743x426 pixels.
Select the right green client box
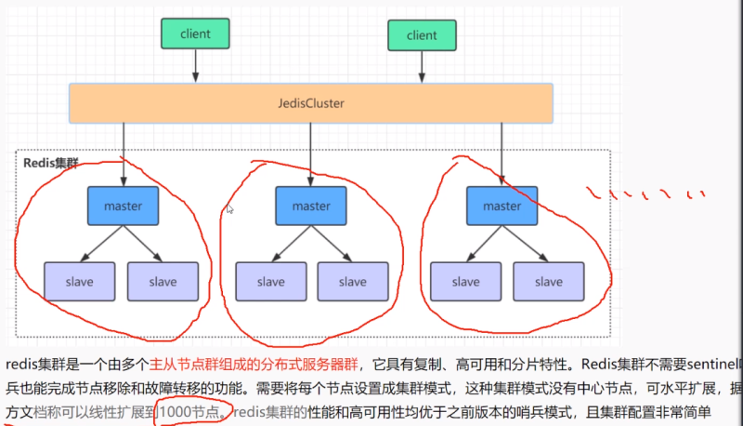(x=422, y=34)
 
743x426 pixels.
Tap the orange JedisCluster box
(x=311, y=103)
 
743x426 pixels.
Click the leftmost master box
(x=123, y=206)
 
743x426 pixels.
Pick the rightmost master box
(x=502, y=206)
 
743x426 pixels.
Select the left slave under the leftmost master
(x=80, y=281)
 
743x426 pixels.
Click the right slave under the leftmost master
(x=163, y=281)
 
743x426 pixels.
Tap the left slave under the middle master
(x=270, y=281)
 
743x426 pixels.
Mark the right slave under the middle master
(x=353, y=281)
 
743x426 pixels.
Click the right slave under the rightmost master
(x=548, y=281)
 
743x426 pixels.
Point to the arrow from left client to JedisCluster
(x=195, y=65)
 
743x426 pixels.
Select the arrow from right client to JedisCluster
(x=422, y=67)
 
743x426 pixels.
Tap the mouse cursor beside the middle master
(x=229, y=210)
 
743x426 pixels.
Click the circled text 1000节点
(x=190, y=411)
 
